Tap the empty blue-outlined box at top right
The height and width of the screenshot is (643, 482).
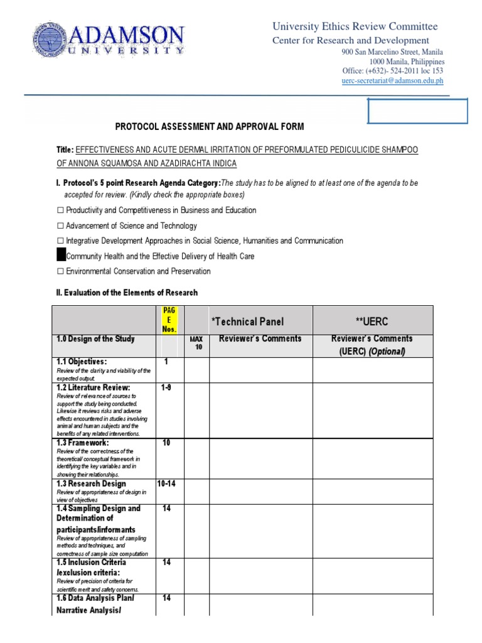417,111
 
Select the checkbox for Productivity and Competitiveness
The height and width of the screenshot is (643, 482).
61,210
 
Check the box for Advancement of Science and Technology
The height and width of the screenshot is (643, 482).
61,225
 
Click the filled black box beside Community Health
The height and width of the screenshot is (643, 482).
61,256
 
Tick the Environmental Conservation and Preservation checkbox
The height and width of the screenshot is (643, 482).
61,271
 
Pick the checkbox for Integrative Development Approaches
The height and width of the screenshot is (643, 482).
61,240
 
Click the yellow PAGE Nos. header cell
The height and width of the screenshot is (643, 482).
169,320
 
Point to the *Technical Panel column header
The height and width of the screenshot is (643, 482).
247,321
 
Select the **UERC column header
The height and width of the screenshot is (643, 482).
372,321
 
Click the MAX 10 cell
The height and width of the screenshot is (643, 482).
196,343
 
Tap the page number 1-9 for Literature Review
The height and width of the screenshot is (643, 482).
166,388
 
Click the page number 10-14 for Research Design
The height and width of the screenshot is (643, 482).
167,484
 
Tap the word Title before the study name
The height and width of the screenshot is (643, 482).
65,150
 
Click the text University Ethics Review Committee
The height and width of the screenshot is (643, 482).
355,26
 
